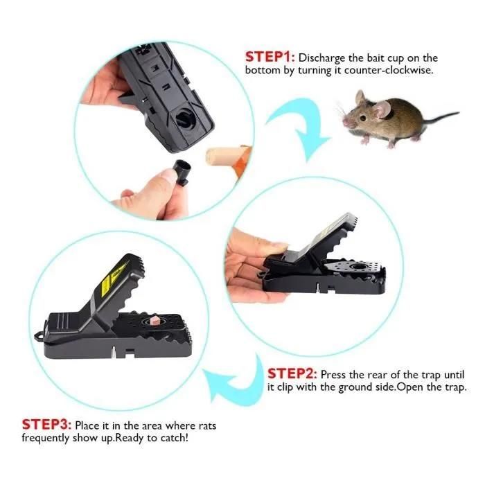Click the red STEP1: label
(x=270, y=58)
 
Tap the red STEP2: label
(x=292, y=373)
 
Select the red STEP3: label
(x=46, y=424)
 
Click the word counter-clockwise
(x=388, y=70)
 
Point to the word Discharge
(x=321, y=58)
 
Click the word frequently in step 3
(x=45, y=439)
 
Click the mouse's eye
(x=362, y=118)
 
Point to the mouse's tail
(x=440, y=118)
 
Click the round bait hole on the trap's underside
(x=186, y=118)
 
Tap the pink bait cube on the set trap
(x=154, y=321)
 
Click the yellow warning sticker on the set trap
(x=113, y=277)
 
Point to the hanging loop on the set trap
(x=39, y=335)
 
